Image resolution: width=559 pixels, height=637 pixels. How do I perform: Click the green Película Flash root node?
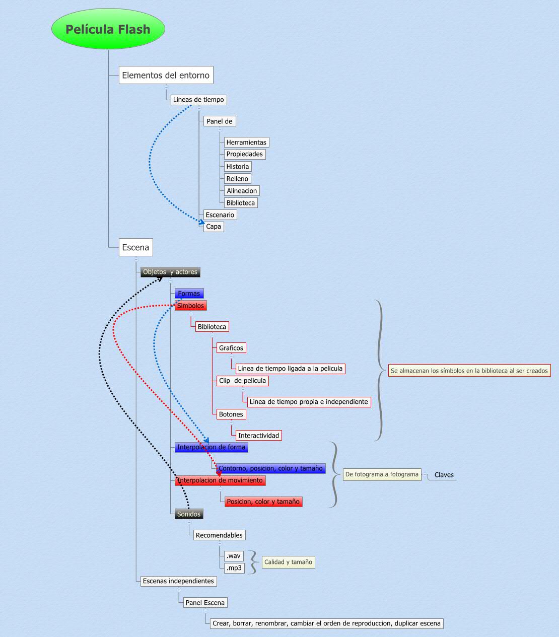pos(108,29)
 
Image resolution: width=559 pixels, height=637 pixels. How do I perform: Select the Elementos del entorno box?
pos(166,76)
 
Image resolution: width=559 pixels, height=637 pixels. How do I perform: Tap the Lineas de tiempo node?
pos(198,100)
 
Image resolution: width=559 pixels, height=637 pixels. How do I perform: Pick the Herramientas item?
pos(246,143)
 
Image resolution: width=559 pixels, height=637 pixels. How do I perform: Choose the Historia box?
pos(237,167)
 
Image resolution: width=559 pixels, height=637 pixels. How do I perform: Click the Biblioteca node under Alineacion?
pos(241,203)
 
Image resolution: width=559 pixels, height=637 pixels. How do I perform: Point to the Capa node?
pos(214,227)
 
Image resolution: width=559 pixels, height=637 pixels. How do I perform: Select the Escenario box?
pos(220,215)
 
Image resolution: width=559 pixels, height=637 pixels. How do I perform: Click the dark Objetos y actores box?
pos(170,272)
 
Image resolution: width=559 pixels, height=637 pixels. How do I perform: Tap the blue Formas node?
pos(189,294)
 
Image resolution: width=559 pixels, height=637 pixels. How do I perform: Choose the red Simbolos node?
pos(191,306)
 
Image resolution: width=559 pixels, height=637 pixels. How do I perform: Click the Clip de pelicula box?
pos(242,381)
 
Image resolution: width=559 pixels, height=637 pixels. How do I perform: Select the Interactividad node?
pos(258,436)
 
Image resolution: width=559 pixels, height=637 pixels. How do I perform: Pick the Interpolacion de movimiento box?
pos(220,480)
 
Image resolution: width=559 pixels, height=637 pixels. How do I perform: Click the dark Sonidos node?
pos(189,514)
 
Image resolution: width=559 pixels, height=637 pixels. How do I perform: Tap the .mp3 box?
pos(234,568)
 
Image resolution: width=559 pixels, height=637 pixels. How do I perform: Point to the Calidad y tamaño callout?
pos(288,562)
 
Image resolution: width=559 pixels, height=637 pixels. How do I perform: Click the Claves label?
pos(444,475)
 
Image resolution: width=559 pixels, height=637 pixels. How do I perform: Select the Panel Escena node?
pos(205,603)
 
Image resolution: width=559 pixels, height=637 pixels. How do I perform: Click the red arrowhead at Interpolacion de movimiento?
pos(219,473)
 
